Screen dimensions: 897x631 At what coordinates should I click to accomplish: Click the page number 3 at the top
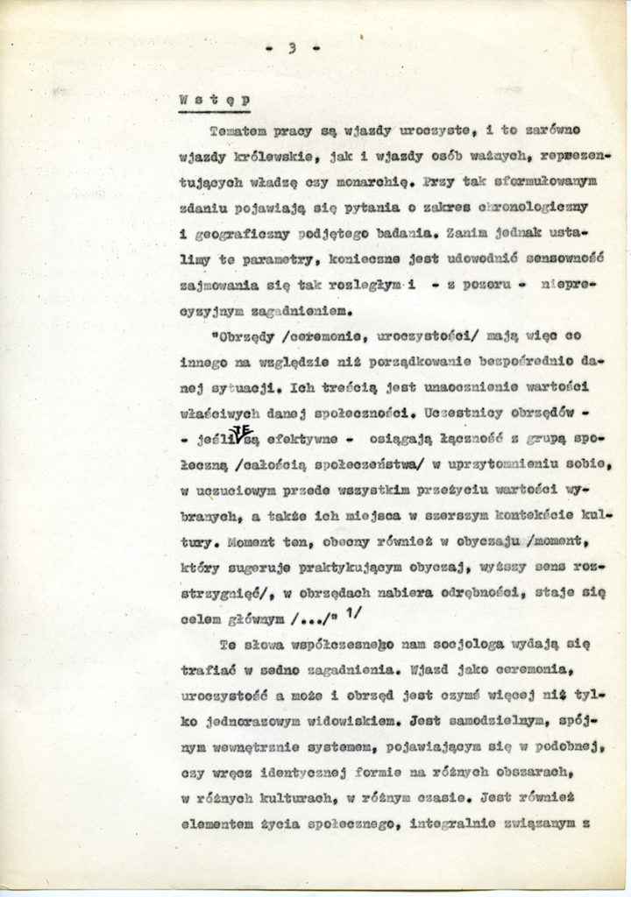point(291,48)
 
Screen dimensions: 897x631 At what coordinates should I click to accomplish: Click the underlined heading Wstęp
point(213,100)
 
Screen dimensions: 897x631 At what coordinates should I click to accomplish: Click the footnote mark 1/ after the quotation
point(355,613)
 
